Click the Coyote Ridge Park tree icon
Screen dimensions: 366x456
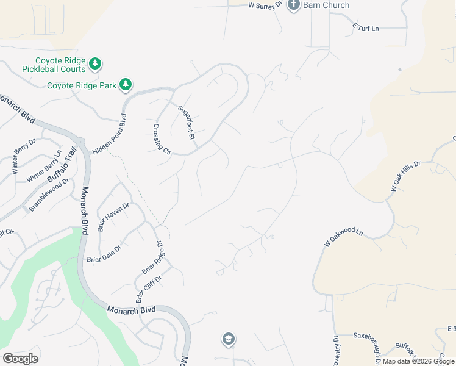coord(126,84)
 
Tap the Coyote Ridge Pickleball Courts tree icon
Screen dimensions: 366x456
coord(94,63)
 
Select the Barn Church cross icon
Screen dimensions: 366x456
coord(293,5)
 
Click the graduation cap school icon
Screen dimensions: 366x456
coord(228,339)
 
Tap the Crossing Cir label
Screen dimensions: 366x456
coord(159,139)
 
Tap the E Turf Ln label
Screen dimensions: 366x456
coord(365,27)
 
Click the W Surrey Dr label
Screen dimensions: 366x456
coord(265,5)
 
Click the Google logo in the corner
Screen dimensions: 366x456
coord(20,358)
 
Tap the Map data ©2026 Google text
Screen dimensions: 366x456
coord(418,361)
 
